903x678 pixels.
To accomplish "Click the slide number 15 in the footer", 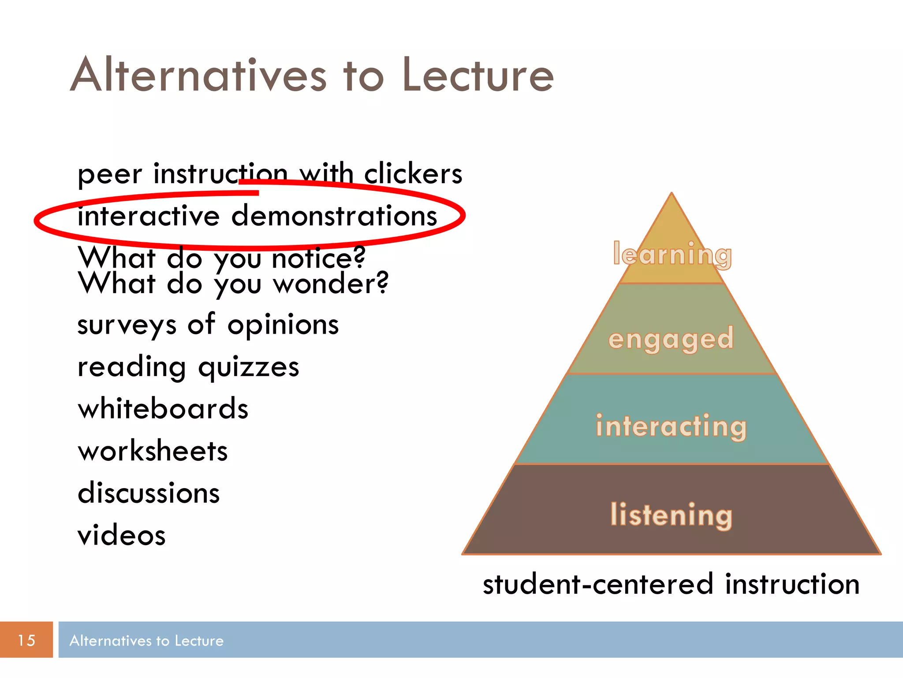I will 26,640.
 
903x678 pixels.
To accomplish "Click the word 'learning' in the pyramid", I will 672,255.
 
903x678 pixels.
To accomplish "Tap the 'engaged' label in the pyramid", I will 671,339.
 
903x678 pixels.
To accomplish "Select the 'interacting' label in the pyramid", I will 671,426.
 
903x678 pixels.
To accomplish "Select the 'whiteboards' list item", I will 163,409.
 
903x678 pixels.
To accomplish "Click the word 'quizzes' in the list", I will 249,367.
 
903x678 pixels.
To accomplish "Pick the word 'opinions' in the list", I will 283,325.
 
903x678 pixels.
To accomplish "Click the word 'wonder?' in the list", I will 331,283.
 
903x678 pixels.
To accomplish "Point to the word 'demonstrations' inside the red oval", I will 334,216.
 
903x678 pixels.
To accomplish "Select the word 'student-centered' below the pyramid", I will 598,584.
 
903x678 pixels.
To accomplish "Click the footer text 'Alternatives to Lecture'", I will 146,640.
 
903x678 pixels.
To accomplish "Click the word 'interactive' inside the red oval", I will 149,216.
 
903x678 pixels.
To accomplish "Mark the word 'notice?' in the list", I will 318,258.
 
